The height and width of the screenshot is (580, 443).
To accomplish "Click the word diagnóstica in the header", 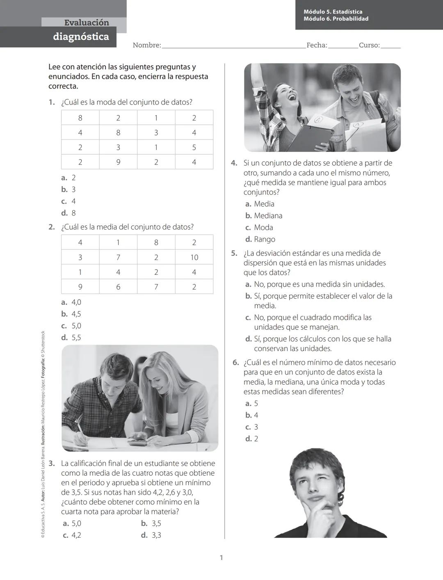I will click(81, 37).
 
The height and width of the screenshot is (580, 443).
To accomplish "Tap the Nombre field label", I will click(146, 46).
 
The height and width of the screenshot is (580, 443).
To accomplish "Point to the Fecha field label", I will click(317, 46).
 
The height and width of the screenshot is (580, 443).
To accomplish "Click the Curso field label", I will click(369, 46).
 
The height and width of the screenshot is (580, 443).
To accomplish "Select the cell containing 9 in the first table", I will click(118, 162).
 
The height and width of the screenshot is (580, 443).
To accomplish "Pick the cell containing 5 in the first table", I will click(194, 148).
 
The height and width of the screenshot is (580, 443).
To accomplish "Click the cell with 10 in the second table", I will click(194, 258).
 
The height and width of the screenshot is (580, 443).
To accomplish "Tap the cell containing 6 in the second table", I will click(118, 287).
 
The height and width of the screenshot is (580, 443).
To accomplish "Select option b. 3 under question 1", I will click(69, 190).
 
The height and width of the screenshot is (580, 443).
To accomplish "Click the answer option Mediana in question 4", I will click(267, 216).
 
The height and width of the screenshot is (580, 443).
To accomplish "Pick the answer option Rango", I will click(264, 240).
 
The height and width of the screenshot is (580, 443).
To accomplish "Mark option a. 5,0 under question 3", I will click(72, 524).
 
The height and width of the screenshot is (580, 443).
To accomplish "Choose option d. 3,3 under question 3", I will click(151, 535).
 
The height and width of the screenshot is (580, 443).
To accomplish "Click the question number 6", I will click(235, 363).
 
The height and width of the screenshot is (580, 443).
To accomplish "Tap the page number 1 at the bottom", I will click(221, 558).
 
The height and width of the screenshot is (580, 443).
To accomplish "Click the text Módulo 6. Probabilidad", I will click(336, 19).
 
